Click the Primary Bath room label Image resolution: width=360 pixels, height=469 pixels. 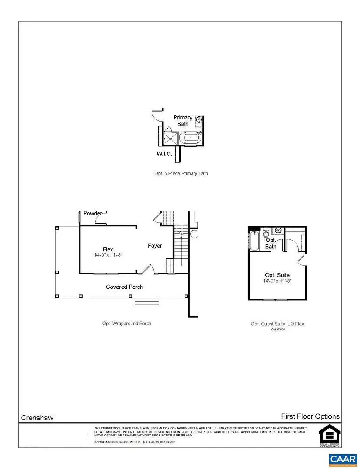(x=183, y=121)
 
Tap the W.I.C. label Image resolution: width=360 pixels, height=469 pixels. (x=164, y=154)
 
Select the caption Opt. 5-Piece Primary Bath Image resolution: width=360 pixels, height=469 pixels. (x=181, y=173)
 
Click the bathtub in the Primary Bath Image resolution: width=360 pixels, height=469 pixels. (x=191, y=139)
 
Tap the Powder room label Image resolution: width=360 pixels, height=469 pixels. (x=93, y=213)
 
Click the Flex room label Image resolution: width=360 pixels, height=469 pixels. (x=108, y=249)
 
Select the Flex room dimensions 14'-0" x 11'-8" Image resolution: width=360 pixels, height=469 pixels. (x=108, y=255)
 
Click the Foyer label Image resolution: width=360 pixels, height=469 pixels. (x=155, y=246)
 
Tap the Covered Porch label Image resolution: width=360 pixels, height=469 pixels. (x=125, y=287)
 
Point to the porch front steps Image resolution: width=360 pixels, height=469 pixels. (x=148, y=301)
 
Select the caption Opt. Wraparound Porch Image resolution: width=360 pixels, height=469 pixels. (x=125, y=324)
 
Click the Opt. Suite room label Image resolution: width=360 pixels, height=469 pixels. (x=277, y=275)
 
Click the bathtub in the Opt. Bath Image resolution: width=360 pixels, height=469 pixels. (x=254, y=241)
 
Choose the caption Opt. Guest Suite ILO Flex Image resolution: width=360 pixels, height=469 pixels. (x=277, y=324)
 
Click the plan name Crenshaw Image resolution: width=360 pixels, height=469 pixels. (x=37, y=418)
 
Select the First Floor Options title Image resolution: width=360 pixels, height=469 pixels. (x=310, y=416)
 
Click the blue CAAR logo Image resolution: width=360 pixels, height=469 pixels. (x=343, y=459)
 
